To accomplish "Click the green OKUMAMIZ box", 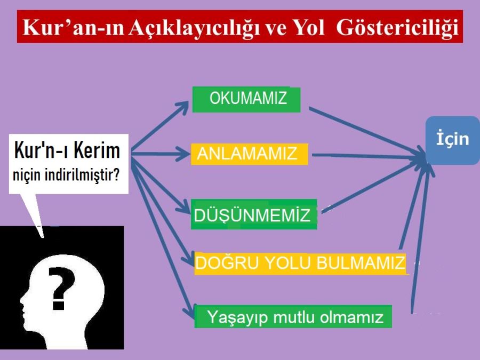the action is click(x=246, y=100).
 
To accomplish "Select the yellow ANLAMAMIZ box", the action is click(x=249, y=154).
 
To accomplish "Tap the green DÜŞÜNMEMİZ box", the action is click(x=254, y=214).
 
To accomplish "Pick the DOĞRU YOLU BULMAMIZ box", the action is click(x=301, y=263).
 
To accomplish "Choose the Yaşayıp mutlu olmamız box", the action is click(x=293, y=316).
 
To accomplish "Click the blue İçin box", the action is click(x=453, y=140).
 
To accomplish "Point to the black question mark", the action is click(x=61, y=289).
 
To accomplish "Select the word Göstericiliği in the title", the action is click(x=397, y=28).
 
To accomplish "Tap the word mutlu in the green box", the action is click(x=293, y=317).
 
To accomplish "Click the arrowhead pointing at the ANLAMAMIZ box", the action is click(x=183, y=153).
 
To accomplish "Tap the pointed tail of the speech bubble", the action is click(x=42, y=236).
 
